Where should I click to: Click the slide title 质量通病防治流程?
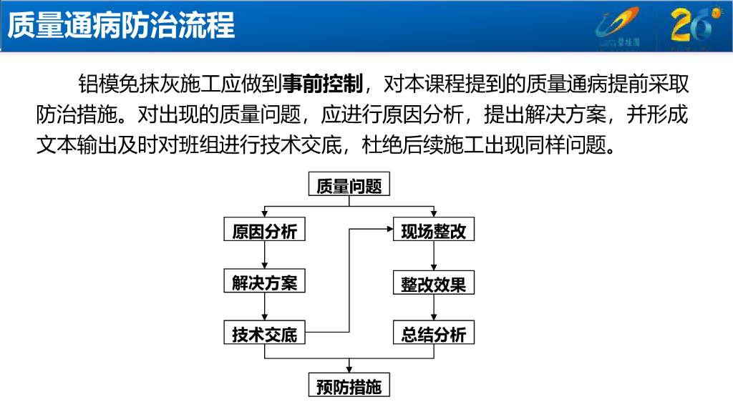(121, 26)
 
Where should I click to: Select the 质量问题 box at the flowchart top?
(349, 186)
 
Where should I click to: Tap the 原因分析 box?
(265, 231)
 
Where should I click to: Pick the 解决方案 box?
(265, 283)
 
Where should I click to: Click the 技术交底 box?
(265, 334)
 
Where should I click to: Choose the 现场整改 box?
(434, 231)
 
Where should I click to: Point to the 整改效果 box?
(434, 283)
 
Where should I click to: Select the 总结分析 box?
(434, 334)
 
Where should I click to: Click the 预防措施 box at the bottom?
(349, 387)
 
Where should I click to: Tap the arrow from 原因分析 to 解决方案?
(265, 256)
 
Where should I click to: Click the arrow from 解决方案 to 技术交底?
(265, 308)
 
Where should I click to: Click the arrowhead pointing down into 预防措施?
(349, 369)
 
